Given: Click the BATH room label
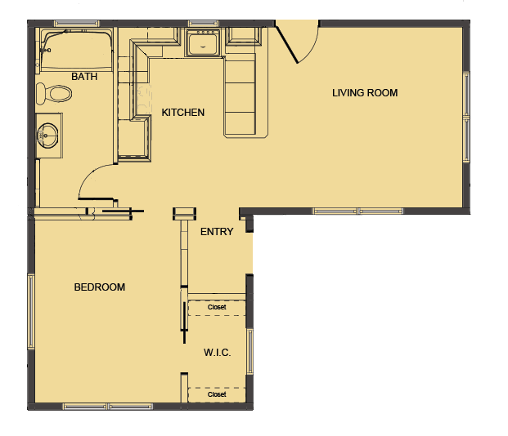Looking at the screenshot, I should [84, 77].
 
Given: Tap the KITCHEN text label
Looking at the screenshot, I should [182, 113].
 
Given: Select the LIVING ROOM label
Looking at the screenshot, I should [365, 93].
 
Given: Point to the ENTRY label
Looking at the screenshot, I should [217, 232].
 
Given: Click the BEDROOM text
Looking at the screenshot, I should [100, 287].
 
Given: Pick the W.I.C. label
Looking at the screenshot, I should [217, 353].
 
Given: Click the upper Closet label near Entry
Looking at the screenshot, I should [217, 308].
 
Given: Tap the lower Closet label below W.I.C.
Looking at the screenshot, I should [217, 394].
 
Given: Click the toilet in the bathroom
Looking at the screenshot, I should [54, 93].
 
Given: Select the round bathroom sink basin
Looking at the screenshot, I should [49, 133].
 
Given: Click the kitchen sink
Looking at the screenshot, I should [201, 42].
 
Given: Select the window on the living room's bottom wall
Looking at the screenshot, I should [357, 211].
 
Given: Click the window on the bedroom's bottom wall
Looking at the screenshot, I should [108, 406].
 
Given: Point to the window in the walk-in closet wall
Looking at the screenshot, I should [250, 351].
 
